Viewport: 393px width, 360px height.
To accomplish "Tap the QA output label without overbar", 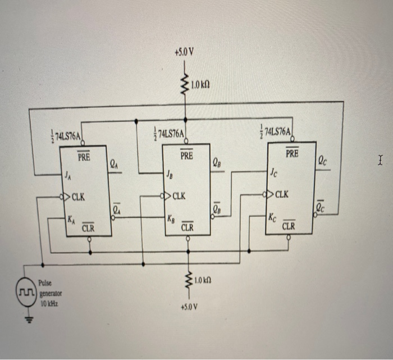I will coord(113,164).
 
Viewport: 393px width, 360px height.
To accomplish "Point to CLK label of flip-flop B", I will coord(179,197).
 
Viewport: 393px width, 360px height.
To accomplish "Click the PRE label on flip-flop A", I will coord(83,158).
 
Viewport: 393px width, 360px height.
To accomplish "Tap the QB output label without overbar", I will coord(217,163).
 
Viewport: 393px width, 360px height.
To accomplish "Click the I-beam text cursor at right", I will coord(381,163).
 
